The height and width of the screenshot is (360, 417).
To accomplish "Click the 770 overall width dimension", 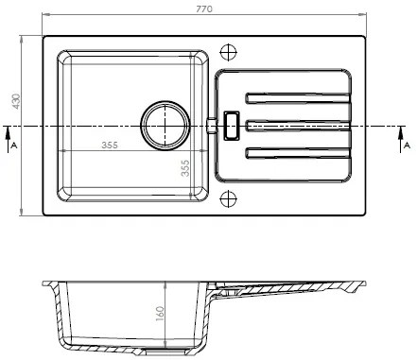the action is coord(204,9).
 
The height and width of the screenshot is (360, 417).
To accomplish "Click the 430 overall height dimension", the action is coord(16,101).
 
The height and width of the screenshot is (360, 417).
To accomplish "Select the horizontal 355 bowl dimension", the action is coord(110,146).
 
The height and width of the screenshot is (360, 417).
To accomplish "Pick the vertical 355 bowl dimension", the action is coord(185,168).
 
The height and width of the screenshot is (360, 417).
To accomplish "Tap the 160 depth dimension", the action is coord(160,314).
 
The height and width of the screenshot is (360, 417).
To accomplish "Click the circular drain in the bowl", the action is coord(165,126).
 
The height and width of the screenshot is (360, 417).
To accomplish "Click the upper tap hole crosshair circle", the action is coord(228,52).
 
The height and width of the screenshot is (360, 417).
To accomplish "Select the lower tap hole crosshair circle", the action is coord(228,198).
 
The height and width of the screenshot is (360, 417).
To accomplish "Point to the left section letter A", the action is coord(13,146).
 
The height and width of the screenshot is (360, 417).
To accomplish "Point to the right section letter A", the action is coord(408,146).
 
